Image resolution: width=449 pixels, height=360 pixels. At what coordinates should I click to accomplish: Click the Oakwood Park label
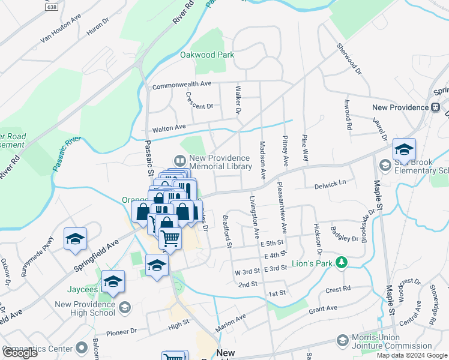point(207,55)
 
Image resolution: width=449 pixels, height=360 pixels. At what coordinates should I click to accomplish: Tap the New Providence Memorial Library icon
point(179,160)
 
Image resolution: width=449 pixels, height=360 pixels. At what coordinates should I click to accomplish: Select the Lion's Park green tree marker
point(342,262)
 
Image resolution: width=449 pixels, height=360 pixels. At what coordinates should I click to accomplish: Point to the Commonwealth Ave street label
point(182,85)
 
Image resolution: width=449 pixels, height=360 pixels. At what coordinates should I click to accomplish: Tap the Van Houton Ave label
point(60,29)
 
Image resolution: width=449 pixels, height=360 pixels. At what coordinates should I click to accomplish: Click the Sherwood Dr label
point(349,58)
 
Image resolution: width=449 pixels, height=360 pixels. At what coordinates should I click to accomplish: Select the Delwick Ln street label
point(330,186)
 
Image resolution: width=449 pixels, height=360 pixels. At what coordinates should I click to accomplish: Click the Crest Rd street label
point(338,289)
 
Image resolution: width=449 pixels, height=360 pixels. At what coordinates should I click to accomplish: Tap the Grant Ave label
point(323,308)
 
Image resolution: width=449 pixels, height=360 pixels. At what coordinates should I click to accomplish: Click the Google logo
point(20,353)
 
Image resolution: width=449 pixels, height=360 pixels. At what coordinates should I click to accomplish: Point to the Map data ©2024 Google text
point(411,355)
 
